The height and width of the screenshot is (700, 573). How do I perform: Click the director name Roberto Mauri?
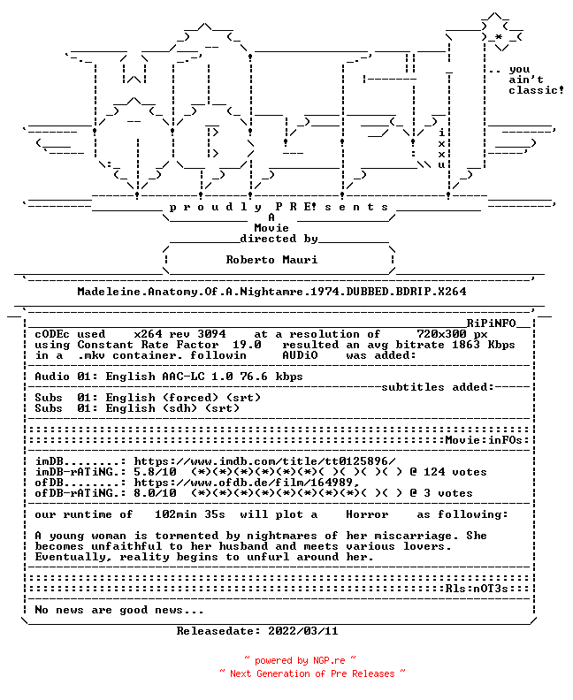click(271, 259)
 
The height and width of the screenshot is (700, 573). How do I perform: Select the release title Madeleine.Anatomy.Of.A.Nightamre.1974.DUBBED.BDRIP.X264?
click(271, 292)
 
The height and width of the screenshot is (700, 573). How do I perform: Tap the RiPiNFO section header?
click(492, 323)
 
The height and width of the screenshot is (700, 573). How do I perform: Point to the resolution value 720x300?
click(441, 334)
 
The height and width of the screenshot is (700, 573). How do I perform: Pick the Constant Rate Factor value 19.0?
click(247, 345)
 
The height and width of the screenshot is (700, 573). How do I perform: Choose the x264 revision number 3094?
click(211, 334)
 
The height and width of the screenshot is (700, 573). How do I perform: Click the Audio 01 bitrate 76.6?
click(254, 377)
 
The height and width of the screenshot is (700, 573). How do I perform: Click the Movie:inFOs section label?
click(484, 440)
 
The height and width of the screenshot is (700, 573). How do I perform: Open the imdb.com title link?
click(264, 461)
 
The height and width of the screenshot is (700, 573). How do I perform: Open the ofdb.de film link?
click(247, 483)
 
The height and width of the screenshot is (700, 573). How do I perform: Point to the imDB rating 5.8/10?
click(155, 472)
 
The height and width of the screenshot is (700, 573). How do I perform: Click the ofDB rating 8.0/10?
click(155, 493)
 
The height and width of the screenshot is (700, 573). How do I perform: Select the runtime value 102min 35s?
click(190, 514)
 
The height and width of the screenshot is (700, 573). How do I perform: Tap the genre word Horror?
click(367, 514)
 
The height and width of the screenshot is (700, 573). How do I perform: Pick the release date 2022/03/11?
click(302, 631)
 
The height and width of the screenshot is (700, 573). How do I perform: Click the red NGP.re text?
click(329, 661)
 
